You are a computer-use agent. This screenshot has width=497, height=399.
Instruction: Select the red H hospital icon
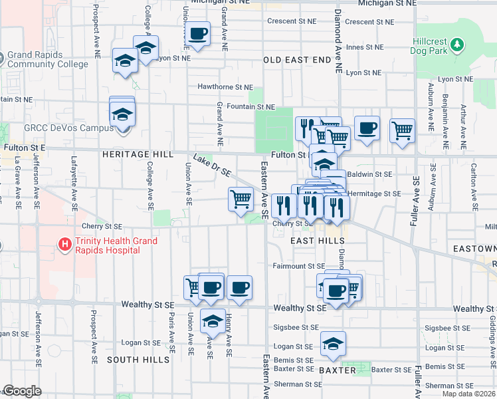65,245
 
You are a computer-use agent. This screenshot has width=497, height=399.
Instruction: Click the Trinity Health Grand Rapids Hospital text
116,245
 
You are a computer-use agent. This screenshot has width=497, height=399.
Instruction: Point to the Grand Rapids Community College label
48,60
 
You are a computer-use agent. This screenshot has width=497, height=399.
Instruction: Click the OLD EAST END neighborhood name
297,60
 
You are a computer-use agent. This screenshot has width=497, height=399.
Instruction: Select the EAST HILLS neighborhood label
318,240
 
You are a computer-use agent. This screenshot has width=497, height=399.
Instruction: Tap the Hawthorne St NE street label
225,87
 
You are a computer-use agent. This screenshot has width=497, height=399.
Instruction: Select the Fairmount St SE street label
299,266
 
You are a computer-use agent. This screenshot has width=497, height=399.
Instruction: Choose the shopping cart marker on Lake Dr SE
241,198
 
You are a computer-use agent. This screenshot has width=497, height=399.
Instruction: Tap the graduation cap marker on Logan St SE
333,344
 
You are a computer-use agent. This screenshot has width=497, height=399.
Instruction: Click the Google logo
23,391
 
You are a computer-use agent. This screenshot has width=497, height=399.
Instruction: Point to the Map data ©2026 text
469,394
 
